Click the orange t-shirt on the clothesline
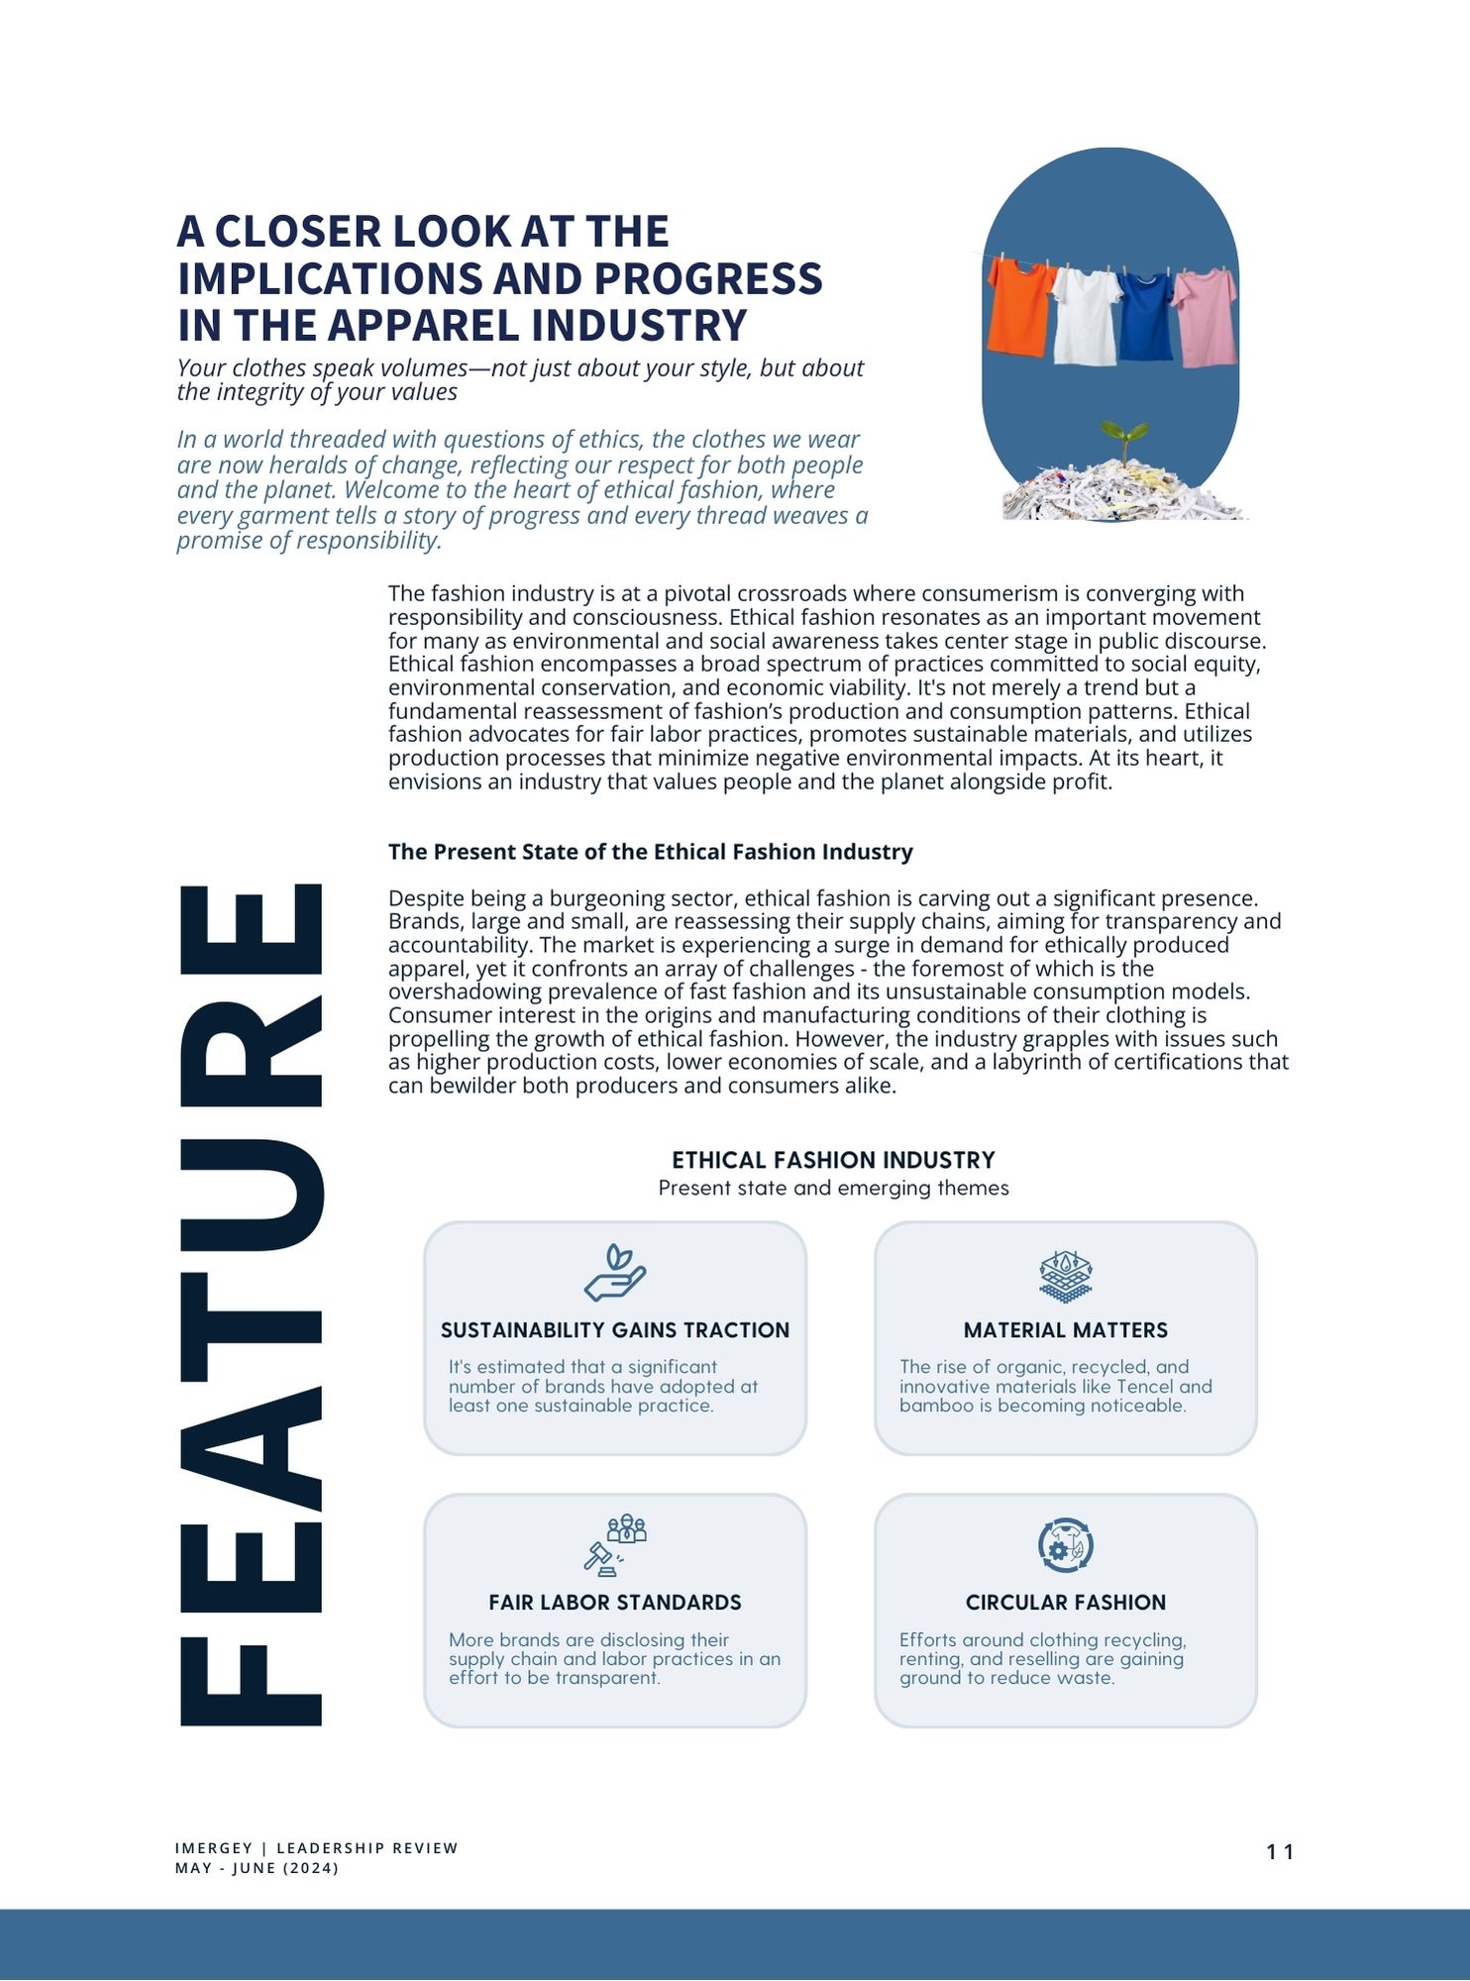pos(1020,306)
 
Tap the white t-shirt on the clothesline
pos(1086,315)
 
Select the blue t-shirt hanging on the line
pos(1147,316)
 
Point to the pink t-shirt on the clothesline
pos(1206,316)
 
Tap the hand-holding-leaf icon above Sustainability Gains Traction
pos(614,1273)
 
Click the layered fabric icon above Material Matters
pos(1065,1275)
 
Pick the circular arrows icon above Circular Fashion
pos(1065,1545)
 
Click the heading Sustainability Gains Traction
pos(615,1330)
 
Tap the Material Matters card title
pos(1066,1330)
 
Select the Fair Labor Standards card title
pos(615,1603)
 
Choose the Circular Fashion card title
pos(1066,1603)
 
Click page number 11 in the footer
pos(1280,1852)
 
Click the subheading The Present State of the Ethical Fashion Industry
pos(650,852)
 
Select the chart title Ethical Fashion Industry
pos(833,1160)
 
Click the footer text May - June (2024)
pos(257,1868)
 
